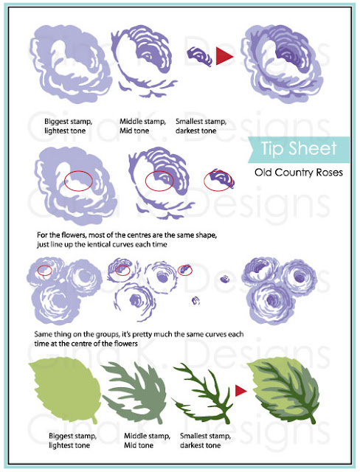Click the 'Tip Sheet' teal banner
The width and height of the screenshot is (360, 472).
[300, 150]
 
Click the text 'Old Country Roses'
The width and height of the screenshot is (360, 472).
[299, 173]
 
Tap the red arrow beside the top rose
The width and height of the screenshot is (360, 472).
[224, 56]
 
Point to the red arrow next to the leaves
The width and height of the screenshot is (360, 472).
[240, 391]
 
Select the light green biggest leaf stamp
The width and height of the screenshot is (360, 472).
[65, 390]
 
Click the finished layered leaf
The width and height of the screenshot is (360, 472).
[283, 390]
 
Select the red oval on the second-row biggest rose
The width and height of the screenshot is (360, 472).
[78, 181]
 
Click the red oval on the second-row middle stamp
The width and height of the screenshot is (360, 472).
[159, 181]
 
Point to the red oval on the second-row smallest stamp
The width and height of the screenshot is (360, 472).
[218, 181]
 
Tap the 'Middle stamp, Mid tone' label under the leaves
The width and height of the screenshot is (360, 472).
[147, 440]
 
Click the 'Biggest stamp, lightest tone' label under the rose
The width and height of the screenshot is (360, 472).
[69, 126]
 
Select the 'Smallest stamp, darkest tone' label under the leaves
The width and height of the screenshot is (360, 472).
[205, 440]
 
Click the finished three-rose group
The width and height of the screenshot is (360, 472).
[280, 291]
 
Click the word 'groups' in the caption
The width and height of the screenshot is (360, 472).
[108, 334]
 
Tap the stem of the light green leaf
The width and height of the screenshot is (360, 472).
[94, 420]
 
